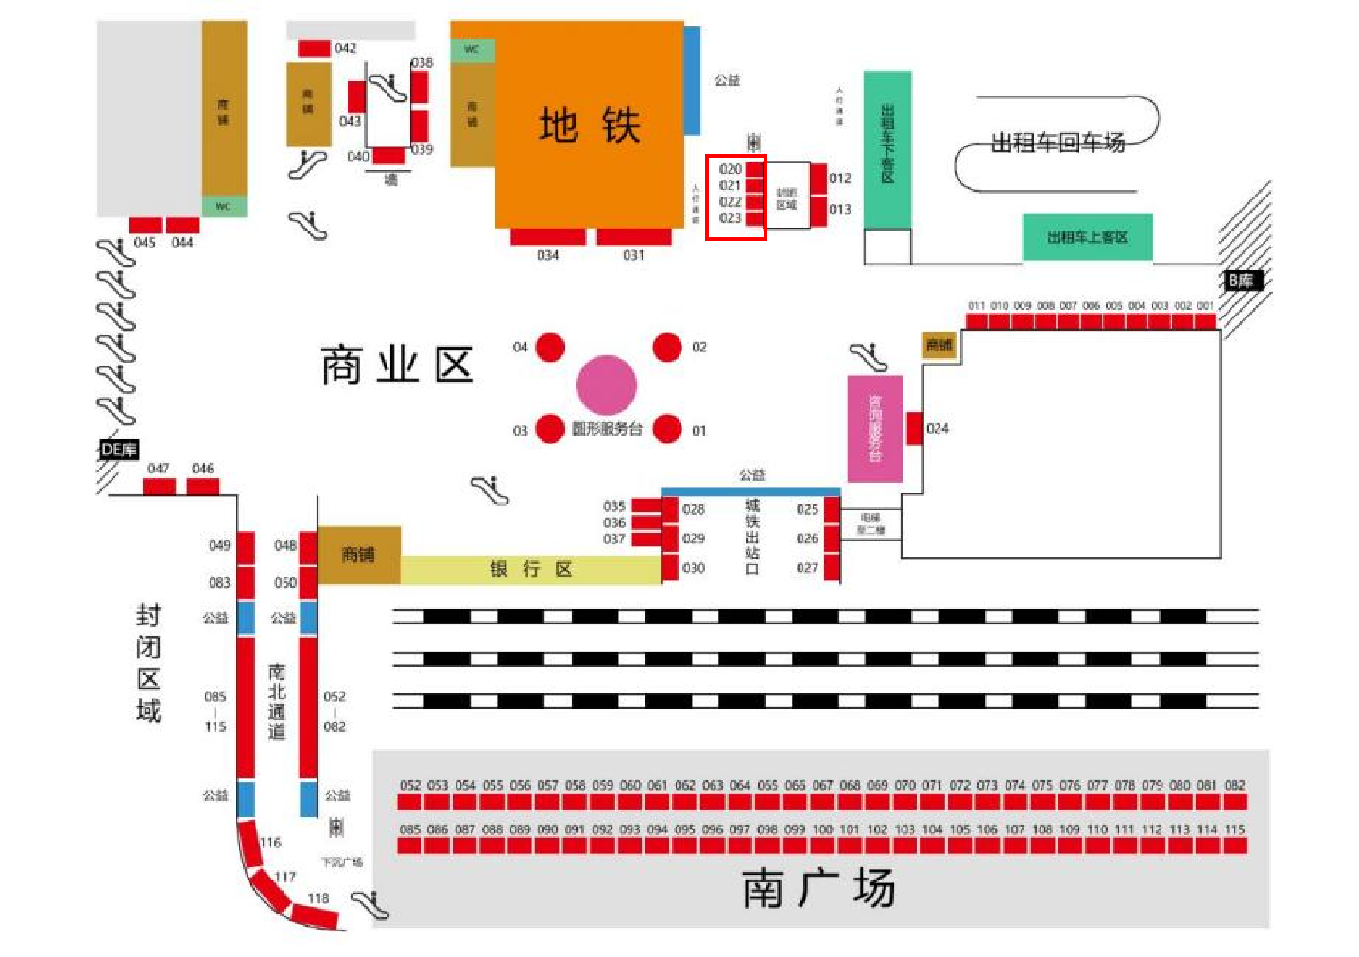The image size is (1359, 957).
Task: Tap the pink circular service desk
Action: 607,385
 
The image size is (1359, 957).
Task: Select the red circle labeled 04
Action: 550,348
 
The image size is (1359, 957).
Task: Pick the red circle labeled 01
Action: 667,429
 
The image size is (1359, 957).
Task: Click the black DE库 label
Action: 119,450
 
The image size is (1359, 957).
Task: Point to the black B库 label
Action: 1241,281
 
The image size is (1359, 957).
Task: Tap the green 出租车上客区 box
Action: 1087,237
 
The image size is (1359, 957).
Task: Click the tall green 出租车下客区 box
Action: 887,149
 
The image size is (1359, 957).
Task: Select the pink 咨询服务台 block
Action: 874,428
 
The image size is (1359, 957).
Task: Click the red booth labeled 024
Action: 915,428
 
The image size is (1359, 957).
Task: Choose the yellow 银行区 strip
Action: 530,570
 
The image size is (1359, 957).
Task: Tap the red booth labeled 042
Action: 314,48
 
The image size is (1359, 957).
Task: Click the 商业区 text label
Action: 397,365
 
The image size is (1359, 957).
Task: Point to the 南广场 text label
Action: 818,888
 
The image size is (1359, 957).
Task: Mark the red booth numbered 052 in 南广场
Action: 409,801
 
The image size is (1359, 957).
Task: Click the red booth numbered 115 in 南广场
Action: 1235,845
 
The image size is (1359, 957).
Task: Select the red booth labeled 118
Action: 315,914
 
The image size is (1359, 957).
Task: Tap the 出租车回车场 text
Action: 1058,143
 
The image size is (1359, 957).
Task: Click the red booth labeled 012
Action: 818,178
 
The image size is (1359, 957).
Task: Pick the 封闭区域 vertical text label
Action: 148,662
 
